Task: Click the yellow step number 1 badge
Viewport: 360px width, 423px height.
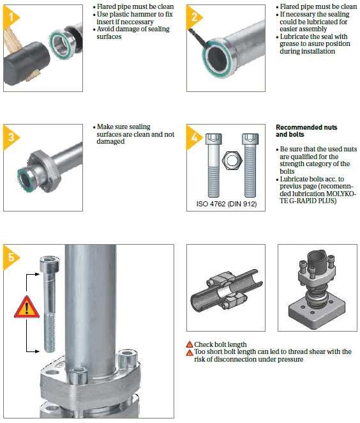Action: coord(10,17)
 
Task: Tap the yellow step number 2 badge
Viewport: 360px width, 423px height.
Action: coord(193,17)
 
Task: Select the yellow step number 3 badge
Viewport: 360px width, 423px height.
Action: coord(10,137)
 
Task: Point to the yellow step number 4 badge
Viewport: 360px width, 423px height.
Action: coord(193,137)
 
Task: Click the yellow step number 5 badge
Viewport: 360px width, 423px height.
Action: coord(10,257)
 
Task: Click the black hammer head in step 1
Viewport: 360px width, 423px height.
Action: coord(26,63)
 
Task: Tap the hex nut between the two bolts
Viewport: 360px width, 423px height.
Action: coord(232,160)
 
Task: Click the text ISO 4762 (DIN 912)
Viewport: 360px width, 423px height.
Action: coord(227,204)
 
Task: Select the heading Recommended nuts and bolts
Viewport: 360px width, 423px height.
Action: coord(306,131)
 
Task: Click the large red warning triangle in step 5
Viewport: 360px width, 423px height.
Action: coord(26,307)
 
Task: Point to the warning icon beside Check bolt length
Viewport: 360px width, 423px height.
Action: coord(190,344)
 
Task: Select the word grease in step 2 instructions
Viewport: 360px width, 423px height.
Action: coord(290,43)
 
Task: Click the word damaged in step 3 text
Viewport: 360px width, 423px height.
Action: coord(110,141)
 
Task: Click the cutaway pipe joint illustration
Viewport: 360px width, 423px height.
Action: coord(227,289)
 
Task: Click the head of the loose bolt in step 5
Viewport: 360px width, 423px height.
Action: coord(49,265)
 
